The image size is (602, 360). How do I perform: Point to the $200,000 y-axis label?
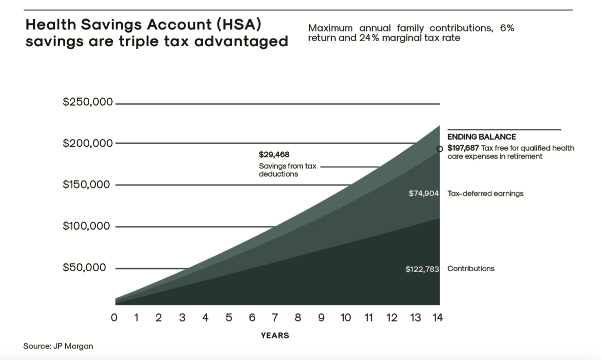click(x=88, y=143)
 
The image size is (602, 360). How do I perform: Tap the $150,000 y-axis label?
click(x=88, y=185)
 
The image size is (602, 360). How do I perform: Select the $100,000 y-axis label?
click(x=88, y=226)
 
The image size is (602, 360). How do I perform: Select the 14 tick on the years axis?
click(x=438, y=317)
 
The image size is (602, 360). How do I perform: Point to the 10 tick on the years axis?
click(x=345, y=317)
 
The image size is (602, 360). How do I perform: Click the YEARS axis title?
click(x=275, y=335)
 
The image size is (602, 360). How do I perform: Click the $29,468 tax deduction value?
click(x=274, y=154)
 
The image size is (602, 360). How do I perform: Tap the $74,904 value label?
click(x=424, y=194)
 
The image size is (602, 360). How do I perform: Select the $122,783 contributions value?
click(x=422, y=269)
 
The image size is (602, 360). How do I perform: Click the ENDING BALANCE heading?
click(x=481, y=137)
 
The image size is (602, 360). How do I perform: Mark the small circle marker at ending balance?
click(x=440, y=149)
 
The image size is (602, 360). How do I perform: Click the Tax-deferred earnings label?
click(x=485, y=194)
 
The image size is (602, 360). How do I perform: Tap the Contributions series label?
click(x=471, y=269)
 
